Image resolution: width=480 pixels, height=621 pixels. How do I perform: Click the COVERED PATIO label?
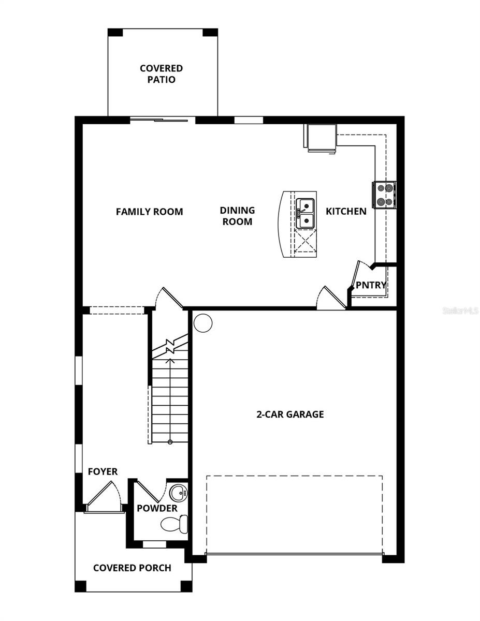(x=161, y=74)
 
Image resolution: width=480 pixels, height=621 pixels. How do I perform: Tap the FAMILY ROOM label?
(x=149, y=212)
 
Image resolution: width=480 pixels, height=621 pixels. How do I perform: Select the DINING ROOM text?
(x=237, y=216)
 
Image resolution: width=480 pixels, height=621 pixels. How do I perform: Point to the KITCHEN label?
(x=346, y=211)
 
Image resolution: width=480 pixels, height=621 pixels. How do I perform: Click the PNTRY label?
(x=371, y=285)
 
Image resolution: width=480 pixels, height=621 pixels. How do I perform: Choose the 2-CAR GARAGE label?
(x=290, y=414)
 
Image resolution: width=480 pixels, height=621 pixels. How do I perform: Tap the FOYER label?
(x=103, y=471)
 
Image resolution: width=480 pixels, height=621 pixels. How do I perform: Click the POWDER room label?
(x=157, y=508)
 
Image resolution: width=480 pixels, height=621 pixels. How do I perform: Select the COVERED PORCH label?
(x=132, y=568)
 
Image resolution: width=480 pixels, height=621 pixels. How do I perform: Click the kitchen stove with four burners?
(x=384, y=195)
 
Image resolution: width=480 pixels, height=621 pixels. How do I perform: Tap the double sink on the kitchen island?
(x=306, y=214)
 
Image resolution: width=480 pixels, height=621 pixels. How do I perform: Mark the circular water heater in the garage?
(x=203, y=323)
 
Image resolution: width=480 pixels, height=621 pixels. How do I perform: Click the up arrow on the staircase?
(x=170, y=362)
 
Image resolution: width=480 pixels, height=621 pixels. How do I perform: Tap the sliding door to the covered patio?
(x=159, y=120)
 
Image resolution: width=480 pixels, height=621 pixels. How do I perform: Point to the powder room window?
(x=154, y=544)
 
